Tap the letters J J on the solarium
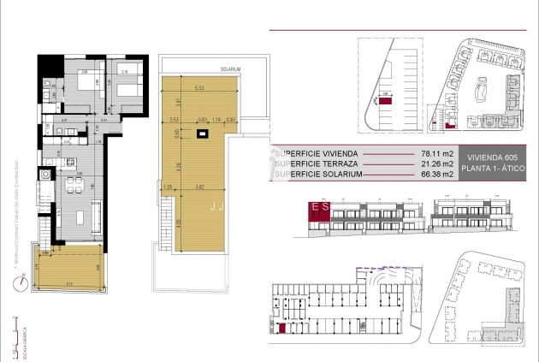217,206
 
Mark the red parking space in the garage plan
281,328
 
